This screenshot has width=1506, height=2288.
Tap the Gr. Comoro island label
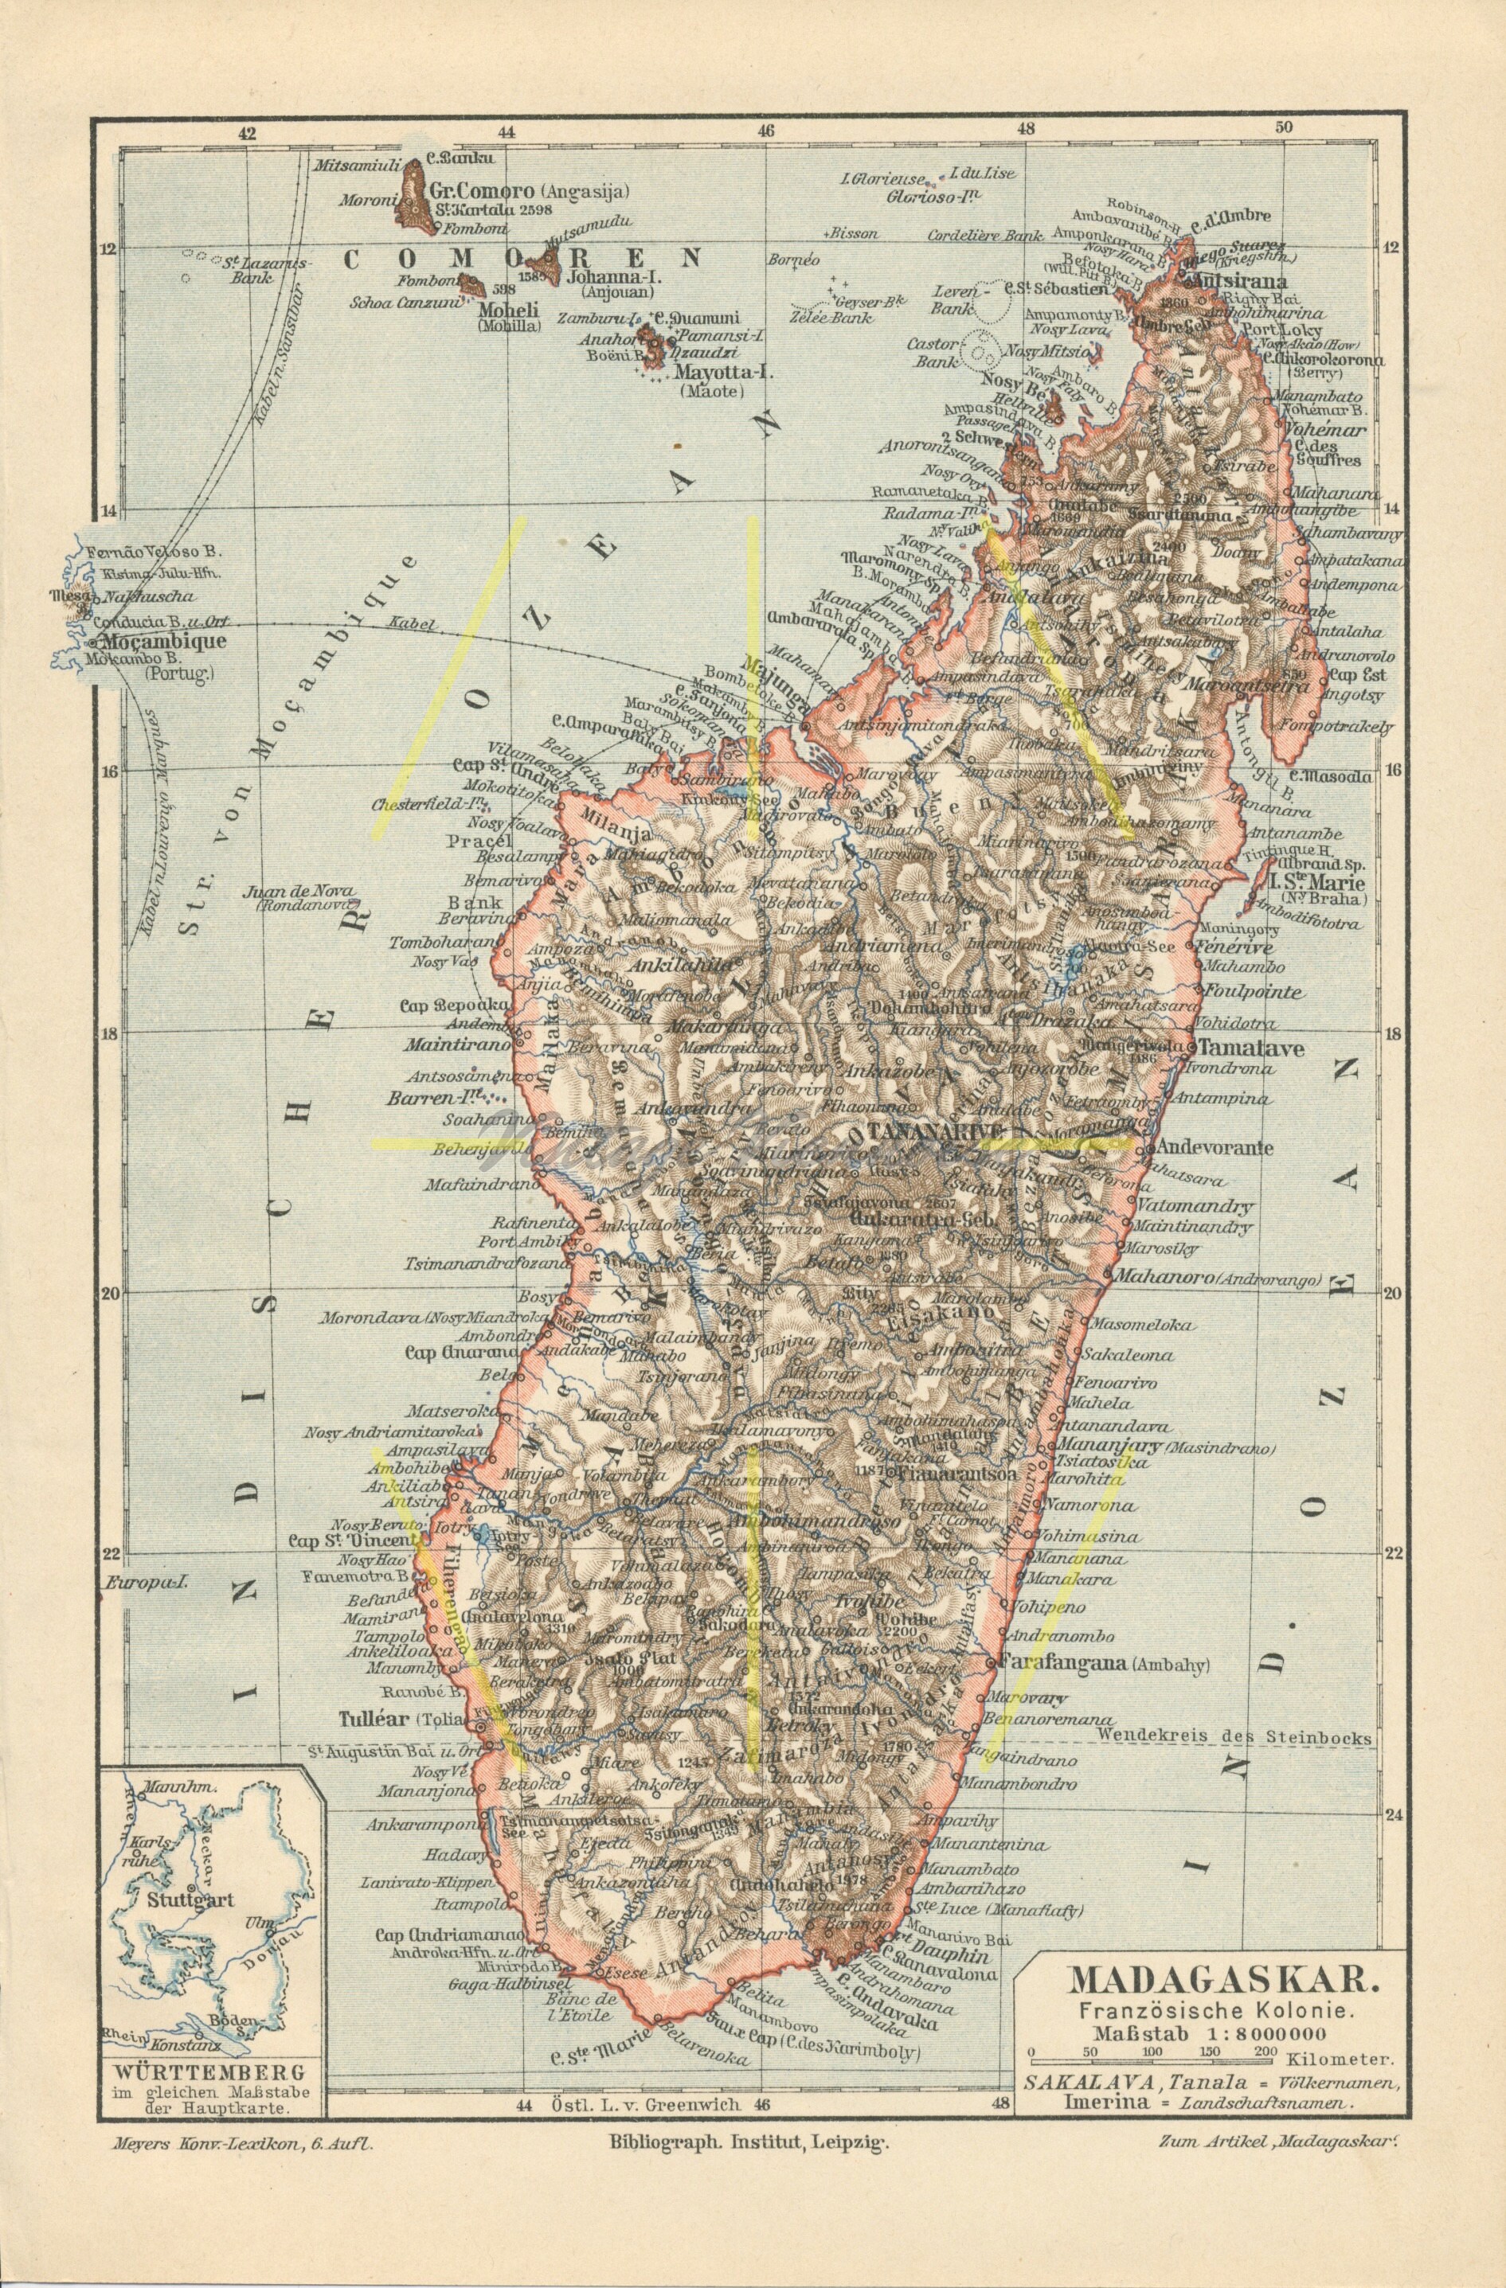point(475,190)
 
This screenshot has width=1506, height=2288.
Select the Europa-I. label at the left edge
point(144,1581)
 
